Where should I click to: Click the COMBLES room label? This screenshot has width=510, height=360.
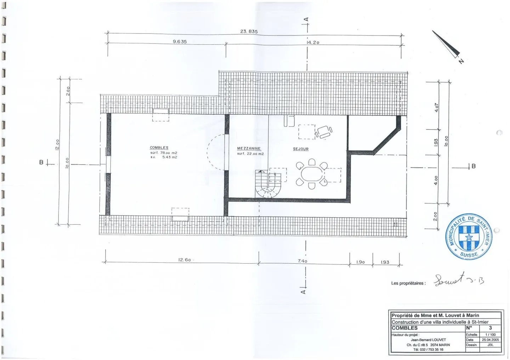pyautogui.click(x=159, y=148)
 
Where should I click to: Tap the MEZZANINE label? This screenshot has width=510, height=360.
pyautogui.click(x=249, y=149)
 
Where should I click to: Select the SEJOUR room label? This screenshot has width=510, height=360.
pyautogui.click(x=301, y=149)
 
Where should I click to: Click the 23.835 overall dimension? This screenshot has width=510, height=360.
pyautogui.click(x=249, y=31)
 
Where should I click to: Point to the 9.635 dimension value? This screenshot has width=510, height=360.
pyautogui.click(x=180, y=41)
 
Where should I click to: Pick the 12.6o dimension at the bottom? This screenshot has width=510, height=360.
pyautogui.click(x=185, y=260)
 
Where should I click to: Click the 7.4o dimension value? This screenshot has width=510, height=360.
pyautogui.click(x=302, y=261)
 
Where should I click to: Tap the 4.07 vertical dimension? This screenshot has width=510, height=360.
pyautogui.click(x=437, y=108)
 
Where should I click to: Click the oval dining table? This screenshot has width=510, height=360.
pyautogui.click(x=312, y=174)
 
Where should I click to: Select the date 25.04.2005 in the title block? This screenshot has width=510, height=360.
pyautogui.click(x=490, y=340)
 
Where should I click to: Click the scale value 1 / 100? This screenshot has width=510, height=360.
pyautogui.click(x=490, y=335)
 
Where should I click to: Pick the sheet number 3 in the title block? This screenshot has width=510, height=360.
pyautogui.click(x=490, y=328)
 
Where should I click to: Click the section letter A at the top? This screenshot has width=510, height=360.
pyautogui.click(x=307, y=19)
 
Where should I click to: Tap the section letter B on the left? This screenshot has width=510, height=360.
pyautogui.click(x=41, y=162)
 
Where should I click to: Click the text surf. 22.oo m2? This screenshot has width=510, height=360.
pyautogui.click(x=250, y=154)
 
